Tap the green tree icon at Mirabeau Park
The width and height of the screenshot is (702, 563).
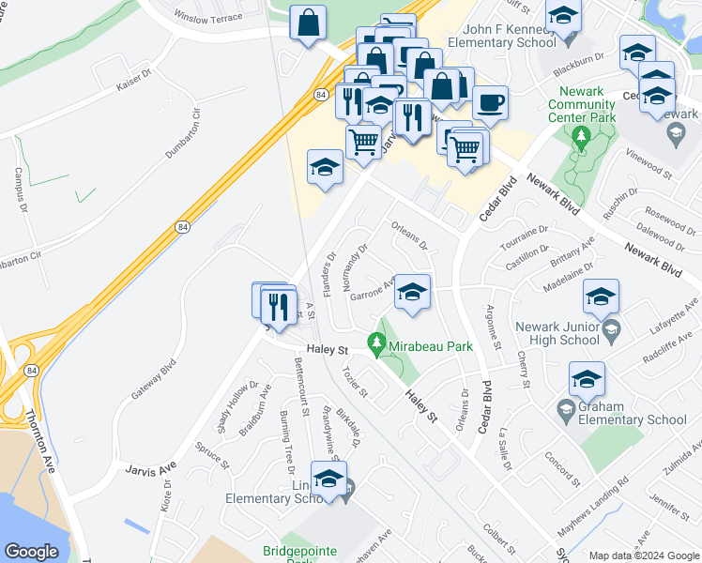point(379,346)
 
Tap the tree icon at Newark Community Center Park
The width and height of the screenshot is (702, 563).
point(581,139)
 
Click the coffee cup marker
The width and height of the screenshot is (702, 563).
point(489,102)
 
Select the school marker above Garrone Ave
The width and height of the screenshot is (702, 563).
point(412,292)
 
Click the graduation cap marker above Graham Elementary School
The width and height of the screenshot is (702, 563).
point(587,380)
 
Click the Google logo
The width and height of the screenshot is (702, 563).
point(33,552)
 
